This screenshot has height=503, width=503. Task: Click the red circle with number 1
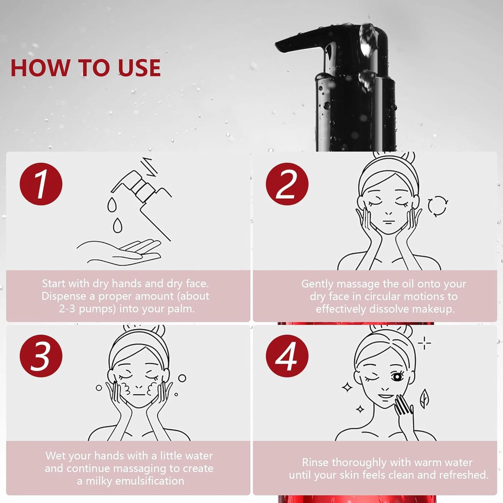41,184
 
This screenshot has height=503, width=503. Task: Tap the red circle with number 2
287,184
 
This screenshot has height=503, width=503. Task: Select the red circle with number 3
41,356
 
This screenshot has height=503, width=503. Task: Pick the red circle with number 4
287,356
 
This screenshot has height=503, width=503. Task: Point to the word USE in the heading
139,68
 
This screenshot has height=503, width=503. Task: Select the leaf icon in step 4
424,399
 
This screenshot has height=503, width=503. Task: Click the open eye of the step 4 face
397,377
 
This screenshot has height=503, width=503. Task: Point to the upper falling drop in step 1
112,204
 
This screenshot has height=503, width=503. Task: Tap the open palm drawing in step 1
119,252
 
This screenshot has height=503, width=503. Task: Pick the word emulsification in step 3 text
150,481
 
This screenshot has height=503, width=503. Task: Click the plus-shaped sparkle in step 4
424,343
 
